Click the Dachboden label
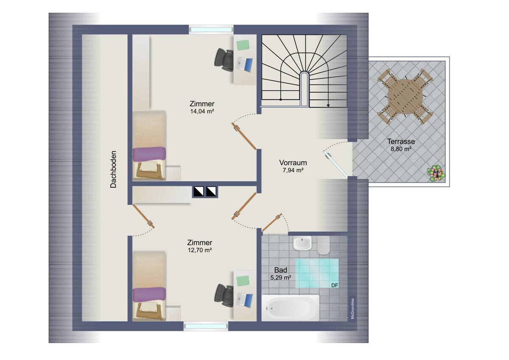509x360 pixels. point(113,169)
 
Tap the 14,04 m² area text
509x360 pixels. point(202,111)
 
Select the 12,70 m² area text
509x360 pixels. point(200,250)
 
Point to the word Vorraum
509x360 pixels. point(293,163)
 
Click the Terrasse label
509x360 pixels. point(401,141)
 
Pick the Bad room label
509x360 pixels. point(281,270)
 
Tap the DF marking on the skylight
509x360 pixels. point(335,285)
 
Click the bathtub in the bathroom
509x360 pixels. point(291,308)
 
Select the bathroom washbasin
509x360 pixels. point(302,243)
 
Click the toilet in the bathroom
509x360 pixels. point(323,245)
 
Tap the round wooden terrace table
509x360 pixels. point(406,96)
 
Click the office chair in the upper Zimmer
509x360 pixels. point(224,60)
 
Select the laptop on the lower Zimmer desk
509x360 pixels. point(244,300)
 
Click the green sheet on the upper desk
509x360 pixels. point(243,45)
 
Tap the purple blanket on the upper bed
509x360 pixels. point(149,154)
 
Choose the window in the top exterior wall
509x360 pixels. point(211,30)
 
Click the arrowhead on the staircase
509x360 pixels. point(328,105)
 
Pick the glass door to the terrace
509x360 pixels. point(336,164)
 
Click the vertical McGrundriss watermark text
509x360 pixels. point(352,308)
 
